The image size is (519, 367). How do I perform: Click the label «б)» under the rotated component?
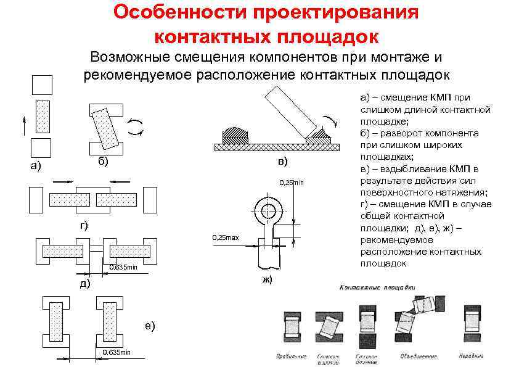point(103,162)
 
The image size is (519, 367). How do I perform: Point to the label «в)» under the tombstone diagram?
point(282,162)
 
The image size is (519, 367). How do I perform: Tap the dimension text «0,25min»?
point(292,183)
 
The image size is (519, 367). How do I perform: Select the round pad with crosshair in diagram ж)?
point(268,211)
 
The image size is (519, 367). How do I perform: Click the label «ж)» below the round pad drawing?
point(266,280)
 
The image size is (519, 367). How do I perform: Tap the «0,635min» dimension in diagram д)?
point(123,267)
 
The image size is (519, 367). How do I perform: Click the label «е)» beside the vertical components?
point(150,326)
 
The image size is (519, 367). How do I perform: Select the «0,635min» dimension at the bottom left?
point(116,352)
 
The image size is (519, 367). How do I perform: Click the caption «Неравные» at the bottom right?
point(471,356)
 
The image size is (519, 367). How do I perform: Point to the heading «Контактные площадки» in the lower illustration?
point(377,288)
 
